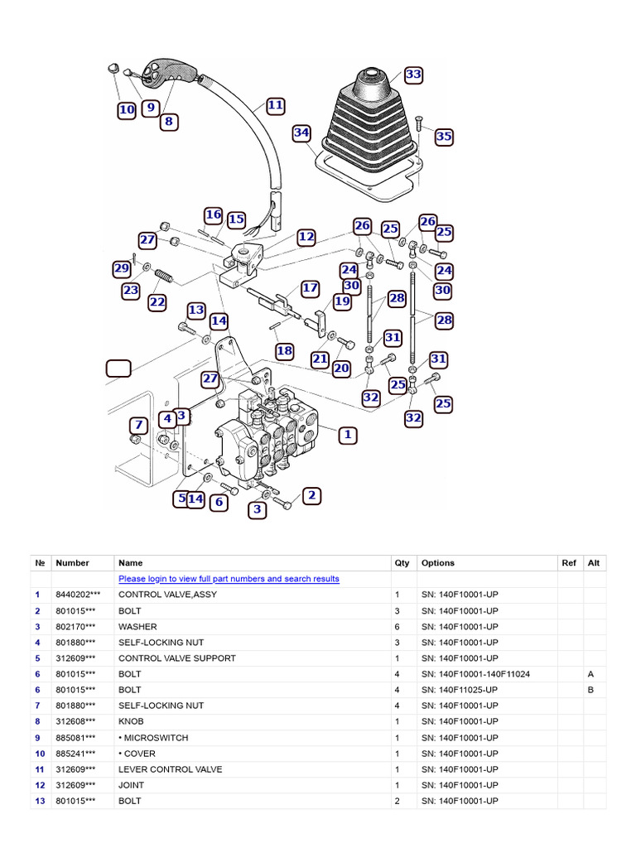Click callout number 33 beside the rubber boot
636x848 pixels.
(x=413, y=75)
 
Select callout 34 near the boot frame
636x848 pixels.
(x=301, y=132)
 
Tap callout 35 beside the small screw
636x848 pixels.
(x=444, y=137)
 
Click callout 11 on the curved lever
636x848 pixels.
(x=275, y=105)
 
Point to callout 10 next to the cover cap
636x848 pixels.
(x=126, y=109)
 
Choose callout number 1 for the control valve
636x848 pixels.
(x=348, y=434)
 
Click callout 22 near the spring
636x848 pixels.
(x=157, y=302)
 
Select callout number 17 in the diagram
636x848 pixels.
(x=310, y=288)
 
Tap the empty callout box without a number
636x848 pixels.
(x=118, y=369)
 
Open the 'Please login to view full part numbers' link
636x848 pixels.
(x=229, y=579)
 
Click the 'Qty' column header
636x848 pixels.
(x=402, y=563)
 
